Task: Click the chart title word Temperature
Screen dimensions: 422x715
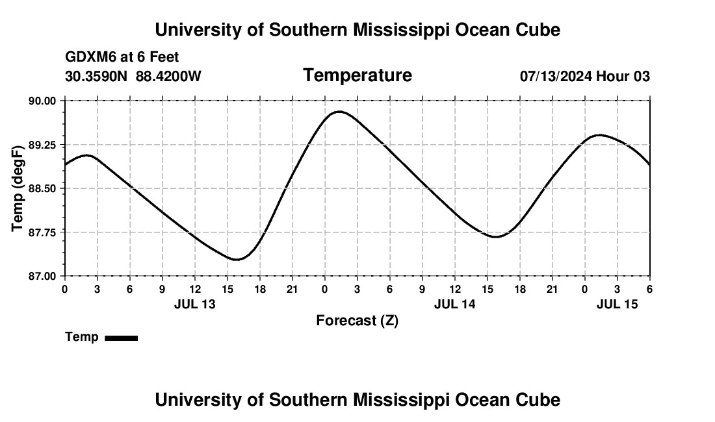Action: [357, 75]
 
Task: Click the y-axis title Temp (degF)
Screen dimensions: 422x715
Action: [18, 188]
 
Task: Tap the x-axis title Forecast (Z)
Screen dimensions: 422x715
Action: [357, 320]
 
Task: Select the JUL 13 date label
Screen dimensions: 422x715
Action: [195, 304]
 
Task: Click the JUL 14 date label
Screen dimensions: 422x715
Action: [455, 304]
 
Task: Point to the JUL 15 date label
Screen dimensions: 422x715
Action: [617, 304]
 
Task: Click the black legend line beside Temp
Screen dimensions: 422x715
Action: [121, 338]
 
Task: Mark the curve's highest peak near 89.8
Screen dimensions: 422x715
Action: [339, 112]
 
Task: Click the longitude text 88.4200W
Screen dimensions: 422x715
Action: [168, 76]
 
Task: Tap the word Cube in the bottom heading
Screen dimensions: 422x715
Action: [539, 400]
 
